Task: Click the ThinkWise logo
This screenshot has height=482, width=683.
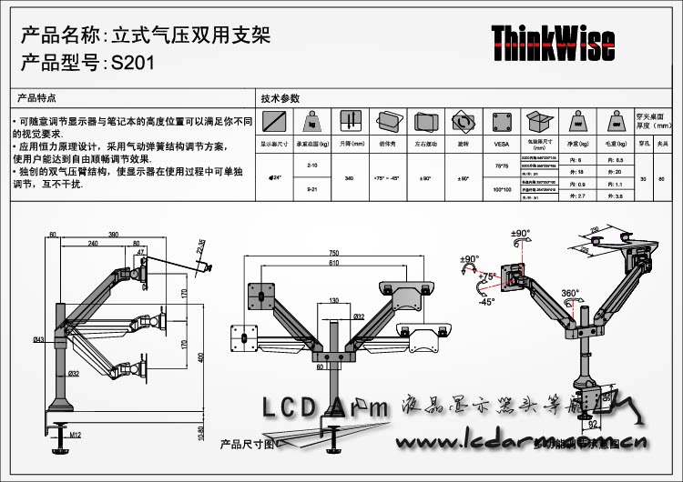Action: tap(553, 43)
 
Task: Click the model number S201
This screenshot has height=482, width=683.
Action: tap(133, 65)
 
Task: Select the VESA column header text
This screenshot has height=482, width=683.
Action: tap(501, 144)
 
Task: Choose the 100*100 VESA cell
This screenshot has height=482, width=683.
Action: tap(501, 189)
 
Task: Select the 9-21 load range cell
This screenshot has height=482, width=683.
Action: tap(312, 189)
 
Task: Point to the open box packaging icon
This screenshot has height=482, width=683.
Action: tap(539, 121)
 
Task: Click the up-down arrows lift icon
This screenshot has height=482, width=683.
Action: tap(348, 121)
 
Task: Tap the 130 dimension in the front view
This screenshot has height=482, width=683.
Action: tap(335, 300)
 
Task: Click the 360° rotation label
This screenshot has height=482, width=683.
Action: tap(571, 294)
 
